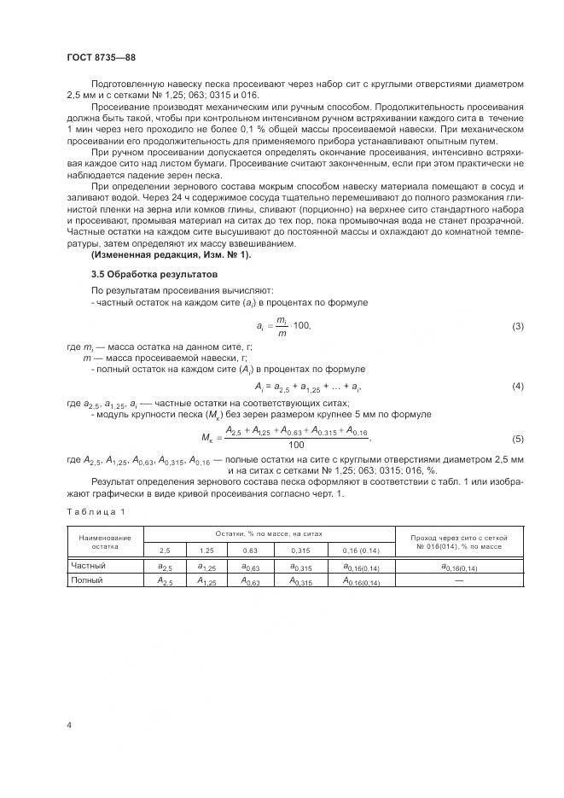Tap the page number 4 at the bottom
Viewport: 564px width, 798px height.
(x=68, y=725)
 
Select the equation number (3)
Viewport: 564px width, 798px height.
(x=517, y=327)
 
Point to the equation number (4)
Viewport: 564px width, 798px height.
(x=517, y=387)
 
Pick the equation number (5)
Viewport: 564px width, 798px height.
(x=517, y=438)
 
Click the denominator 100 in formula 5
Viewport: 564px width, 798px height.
(x=296, y=445)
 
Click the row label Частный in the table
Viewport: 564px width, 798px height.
(x=88, y=565)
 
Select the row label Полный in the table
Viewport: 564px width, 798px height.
(x=87, y=580)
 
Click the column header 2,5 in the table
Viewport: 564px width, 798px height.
(x=165, y=550)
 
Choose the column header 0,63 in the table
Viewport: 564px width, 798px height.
(x=250, y=550)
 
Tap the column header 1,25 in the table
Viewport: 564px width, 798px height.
(x=206, y=550)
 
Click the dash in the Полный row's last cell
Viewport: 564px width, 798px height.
(x=459, y=580)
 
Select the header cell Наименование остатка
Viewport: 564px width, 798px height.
(x=105, y=541)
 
